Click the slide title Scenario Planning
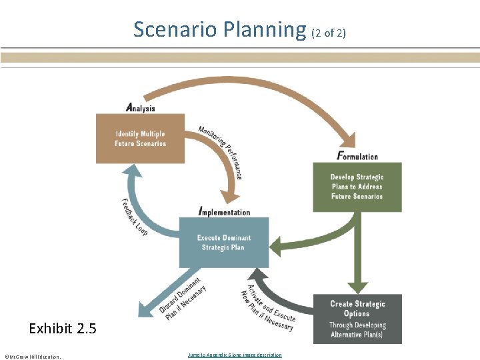point(219,30)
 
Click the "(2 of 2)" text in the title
point(329,32)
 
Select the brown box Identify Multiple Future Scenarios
point(140,139)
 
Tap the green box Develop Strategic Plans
point(357,187)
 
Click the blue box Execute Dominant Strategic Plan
point(223,242)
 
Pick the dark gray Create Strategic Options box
point(357,319)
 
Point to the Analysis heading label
point(141,108)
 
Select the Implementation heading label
point(225,212)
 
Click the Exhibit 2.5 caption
point(63,328)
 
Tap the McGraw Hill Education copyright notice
point(33,357)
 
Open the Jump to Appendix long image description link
point(235,355)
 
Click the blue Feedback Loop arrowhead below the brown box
point(133,172)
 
